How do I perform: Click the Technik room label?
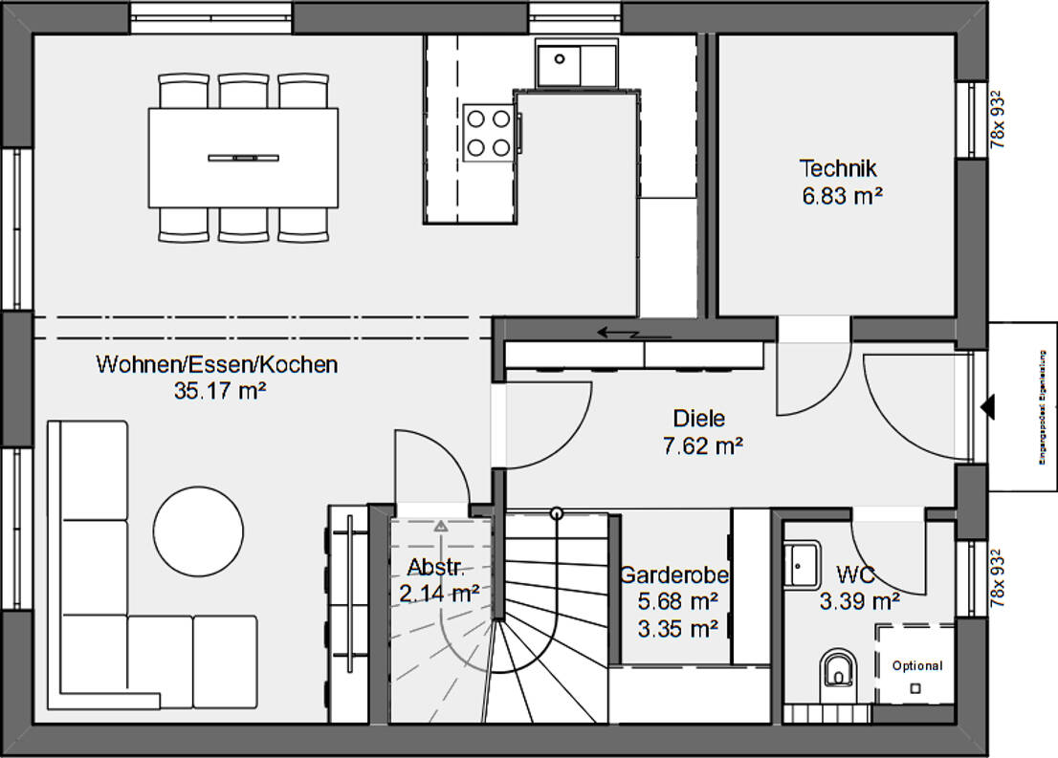(838, 169)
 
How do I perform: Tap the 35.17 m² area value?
(219, 390)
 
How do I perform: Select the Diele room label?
(699, 419)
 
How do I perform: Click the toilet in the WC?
(839, 670)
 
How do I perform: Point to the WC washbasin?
(801, 564)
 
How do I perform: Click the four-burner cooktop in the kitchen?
(488, 132)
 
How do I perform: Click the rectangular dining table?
(243, 157)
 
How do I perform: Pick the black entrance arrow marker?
(988, 408)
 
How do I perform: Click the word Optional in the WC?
(916, 666)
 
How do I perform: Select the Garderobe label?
(674, 575)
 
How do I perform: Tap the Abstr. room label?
(436, 567)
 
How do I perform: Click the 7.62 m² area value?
(703, 445)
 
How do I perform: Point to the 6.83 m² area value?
(841, 196)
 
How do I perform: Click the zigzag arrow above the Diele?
(621, 333)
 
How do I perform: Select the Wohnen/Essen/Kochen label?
(217, 364)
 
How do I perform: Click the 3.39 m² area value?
(859, 601)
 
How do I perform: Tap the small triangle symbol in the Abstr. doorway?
(440, 526)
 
